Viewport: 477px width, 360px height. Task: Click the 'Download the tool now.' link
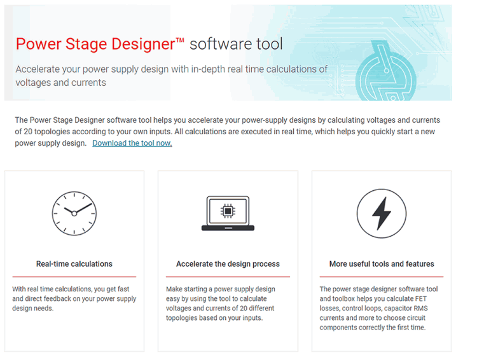click(x=132, y=143)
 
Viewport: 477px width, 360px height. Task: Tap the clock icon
click(x=74, y=213)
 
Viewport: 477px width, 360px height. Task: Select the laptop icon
click(x=228, y=213)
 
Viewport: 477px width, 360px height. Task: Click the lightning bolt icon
click(x=382, y=213)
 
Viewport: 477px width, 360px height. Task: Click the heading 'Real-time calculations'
click(x=74, y=264)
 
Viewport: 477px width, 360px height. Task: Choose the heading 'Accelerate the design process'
click(x=228, y=264)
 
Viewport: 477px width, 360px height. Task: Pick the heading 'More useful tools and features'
click(x=382, y=264)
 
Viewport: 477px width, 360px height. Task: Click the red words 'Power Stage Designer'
click(x=95, y=44)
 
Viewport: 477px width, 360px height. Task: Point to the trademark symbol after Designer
click(x=180, y=40)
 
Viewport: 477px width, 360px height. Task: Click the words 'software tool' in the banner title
click(x=237, y=44)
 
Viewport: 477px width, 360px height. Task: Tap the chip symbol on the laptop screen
click(x=228, y=211)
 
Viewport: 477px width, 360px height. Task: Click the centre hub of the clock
click(x=74, y=214)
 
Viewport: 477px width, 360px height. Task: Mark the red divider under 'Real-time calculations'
click(x=74, y=277)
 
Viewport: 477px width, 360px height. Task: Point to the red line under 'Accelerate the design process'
click(x=228, y=277)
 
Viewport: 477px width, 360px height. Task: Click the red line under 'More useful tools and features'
click(x=382, y=277)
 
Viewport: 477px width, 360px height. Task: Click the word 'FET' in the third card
click(x=421, y=299)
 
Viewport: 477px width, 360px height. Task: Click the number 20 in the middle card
click(x=244, y=308)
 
